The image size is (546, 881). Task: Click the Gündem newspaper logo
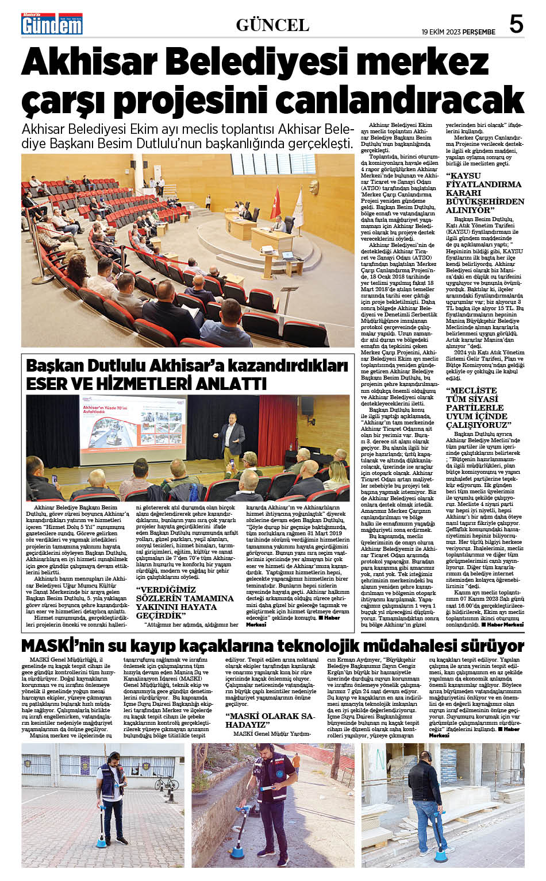click(52, 24)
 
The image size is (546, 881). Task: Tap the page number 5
click(516, 25)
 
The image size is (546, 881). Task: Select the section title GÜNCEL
click(272, 25)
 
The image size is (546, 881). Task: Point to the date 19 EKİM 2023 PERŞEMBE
click(458, 32)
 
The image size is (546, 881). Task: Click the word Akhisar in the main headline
click(90, 63)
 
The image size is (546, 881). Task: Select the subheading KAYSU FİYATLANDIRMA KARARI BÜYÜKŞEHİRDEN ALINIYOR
click(485, 193)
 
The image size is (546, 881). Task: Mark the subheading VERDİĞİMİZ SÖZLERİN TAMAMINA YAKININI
click(184, 602)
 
